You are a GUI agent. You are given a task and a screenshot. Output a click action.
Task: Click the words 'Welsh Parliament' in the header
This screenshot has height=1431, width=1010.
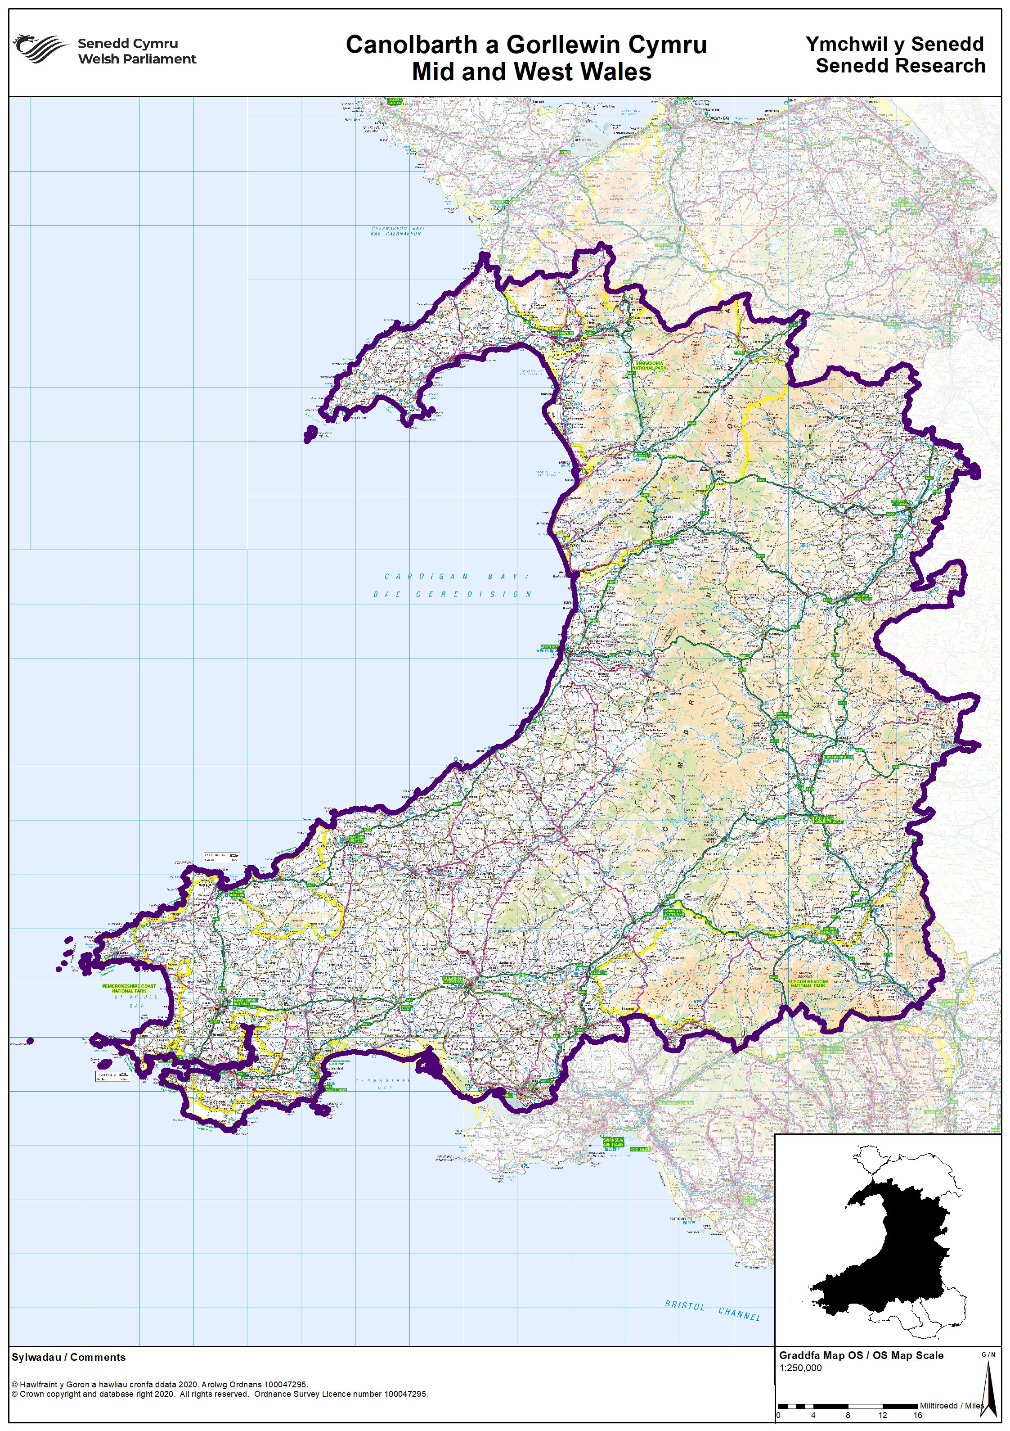(x=136, y=59)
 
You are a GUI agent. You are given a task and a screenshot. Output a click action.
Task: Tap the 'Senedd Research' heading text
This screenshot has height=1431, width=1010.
(x=900, y=65)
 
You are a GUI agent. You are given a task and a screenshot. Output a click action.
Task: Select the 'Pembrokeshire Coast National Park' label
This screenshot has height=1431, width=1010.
(x=130, y=989)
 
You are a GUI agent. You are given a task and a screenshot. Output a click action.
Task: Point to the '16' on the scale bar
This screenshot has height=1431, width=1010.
(x=917, y=1415)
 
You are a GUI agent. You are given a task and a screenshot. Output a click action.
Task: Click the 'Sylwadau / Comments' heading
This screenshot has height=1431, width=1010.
(x=68, y=1357)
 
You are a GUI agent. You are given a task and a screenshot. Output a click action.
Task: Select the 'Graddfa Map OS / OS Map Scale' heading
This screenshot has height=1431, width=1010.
(x=861, y=1355)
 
